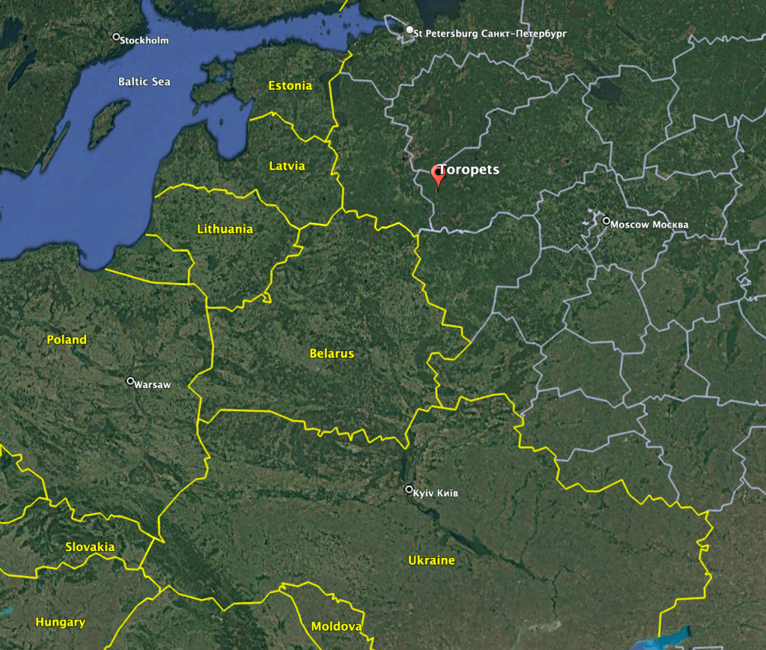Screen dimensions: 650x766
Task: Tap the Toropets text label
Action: [469, 170]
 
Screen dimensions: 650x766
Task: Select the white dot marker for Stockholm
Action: [116, 37]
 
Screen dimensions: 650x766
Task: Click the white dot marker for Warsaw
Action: [130, 381]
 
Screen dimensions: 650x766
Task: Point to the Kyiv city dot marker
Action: [409, 490]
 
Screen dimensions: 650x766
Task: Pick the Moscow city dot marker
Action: [607, 221]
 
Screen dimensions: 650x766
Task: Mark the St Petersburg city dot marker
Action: [410, 31]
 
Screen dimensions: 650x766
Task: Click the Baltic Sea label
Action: [145, 81]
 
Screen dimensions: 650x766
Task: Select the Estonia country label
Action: [291, 86]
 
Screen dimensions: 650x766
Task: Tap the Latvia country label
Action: [287, 165]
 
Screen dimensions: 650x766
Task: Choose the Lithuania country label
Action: [225, 229]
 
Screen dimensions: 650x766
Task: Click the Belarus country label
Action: [332, 353]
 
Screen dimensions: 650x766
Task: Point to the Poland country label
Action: [67, 339]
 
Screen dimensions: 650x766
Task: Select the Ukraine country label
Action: [431, 560]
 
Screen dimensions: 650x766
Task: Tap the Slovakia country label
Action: [90, 547]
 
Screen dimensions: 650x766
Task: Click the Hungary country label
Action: [61, 622]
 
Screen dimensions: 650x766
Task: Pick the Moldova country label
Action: [337, 626]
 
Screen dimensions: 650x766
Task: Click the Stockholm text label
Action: [145, 40]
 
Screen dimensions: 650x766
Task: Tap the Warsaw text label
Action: [153, 385]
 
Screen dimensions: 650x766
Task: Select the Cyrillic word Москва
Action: [669, 225]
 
